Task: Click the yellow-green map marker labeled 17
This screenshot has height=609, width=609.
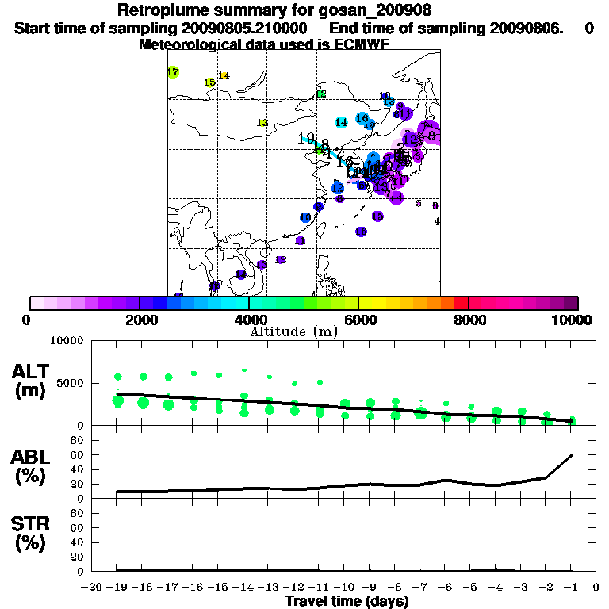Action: click(173, 72)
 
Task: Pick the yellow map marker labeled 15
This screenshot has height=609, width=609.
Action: click(209, 82)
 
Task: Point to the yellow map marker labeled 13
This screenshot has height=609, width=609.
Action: click(262, 123)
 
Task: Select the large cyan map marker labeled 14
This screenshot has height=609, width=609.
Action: click(341, 123)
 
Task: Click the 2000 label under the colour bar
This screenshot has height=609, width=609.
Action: click(140, 320)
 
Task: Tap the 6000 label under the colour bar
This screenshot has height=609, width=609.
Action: click(358, 320)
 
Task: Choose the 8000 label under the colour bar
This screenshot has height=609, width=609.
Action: click(469, 320)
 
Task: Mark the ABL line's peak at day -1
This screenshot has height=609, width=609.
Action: click(572, 455)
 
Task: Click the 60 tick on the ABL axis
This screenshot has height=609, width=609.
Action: click(78, 454)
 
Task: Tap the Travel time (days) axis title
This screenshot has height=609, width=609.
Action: click(347, 601)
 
